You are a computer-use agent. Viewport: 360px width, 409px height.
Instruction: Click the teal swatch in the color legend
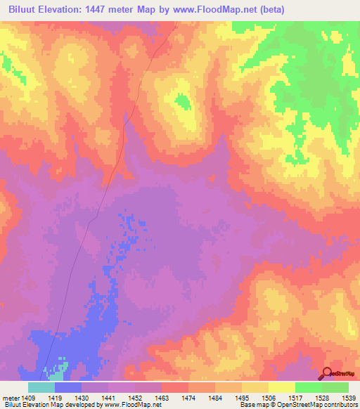[41, 387]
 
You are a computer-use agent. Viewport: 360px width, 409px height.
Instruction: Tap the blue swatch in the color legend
[67, 387]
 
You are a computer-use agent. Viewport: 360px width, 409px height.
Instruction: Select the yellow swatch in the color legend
[281, 387]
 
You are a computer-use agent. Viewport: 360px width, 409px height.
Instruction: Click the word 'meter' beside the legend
[11, 396]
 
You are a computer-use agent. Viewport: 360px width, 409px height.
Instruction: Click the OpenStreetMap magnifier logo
[328, 373]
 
